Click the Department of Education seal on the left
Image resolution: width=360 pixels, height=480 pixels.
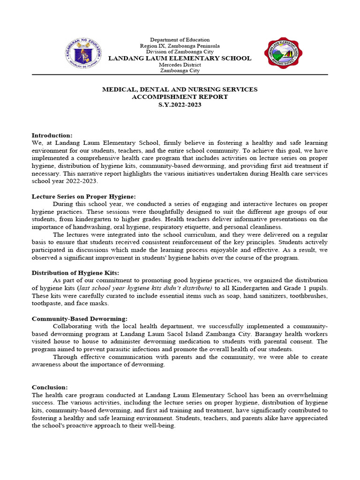pos(82,53)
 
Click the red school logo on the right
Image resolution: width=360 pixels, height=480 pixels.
pos(284,54)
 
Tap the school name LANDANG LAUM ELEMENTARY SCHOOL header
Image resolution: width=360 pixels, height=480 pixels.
pos(180,59)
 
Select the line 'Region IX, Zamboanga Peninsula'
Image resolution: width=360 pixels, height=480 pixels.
pos(180,46)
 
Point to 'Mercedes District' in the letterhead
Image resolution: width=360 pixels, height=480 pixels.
pos(180,65)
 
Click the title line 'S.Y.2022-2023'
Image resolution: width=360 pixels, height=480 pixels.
pos(180,105)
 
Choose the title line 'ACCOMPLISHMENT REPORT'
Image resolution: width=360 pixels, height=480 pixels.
pos(180,97)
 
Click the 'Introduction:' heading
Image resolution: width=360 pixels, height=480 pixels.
pos(52,135)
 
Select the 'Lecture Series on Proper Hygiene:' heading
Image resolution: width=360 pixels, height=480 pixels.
pos(83,196)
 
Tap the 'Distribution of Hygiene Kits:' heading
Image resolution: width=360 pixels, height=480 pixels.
pos(75,273)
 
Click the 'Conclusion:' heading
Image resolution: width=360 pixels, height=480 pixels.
pos(50,387)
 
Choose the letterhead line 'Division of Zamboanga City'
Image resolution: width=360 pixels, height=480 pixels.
pos(180,52)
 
